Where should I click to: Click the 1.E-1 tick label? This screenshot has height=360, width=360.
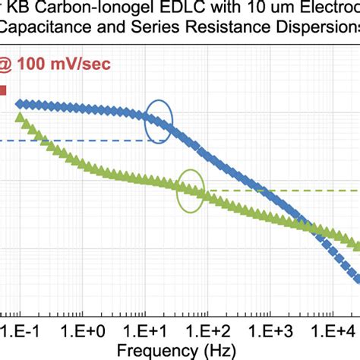coord(19,332)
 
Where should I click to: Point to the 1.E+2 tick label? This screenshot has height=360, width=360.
coord(210,332)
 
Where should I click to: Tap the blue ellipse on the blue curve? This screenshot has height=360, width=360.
coord(159,122)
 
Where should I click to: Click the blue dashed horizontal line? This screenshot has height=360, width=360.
coord(76,141)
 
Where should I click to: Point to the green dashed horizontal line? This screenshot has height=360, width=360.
coord(281,190)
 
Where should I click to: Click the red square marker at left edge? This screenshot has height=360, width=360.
coord(2,90)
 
